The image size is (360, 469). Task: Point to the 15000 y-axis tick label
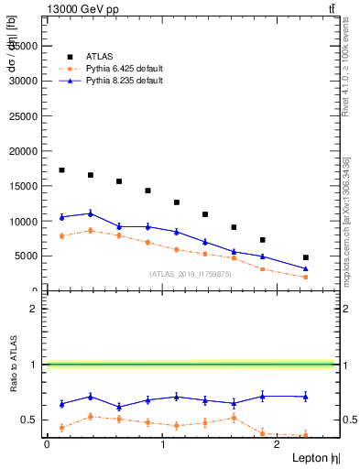[25, 186]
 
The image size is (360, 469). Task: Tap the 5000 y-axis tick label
[27, 256]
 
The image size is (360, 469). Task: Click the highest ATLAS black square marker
[61, 170]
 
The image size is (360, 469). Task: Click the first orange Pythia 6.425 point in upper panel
[61, 236]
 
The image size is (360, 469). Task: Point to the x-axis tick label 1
[162, 444]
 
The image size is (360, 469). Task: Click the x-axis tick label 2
[278, 444]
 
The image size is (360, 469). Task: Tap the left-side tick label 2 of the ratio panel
[33, 309]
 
